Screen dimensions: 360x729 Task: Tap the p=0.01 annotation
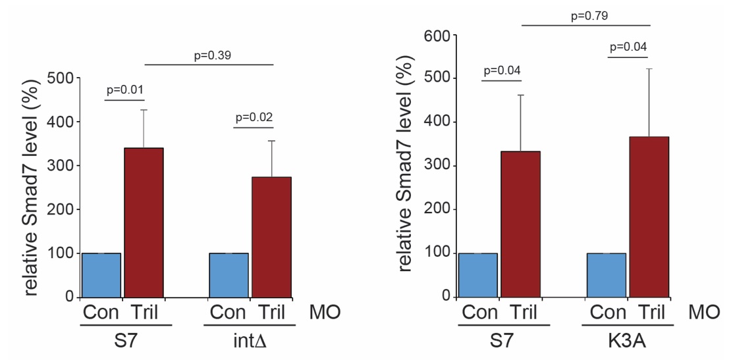(124, 90)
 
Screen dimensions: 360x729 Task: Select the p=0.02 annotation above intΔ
(254, 118)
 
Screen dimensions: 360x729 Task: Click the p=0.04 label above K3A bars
(629, 47)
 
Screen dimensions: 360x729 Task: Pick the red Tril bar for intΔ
(271, 237)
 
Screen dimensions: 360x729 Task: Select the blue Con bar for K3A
(606, 274)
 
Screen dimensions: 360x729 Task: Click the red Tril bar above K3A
(649, 217)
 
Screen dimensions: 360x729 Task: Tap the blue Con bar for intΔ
(229, 274)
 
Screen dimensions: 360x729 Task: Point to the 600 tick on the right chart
(437, 35)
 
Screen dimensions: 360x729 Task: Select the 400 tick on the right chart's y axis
(437, 122)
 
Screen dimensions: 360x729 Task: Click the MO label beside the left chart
(325, 311)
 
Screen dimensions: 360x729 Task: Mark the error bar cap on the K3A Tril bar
(649, 68)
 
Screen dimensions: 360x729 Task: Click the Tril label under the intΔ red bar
(271, 311)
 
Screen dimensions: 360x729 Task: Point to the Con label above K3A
(607, 311)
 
